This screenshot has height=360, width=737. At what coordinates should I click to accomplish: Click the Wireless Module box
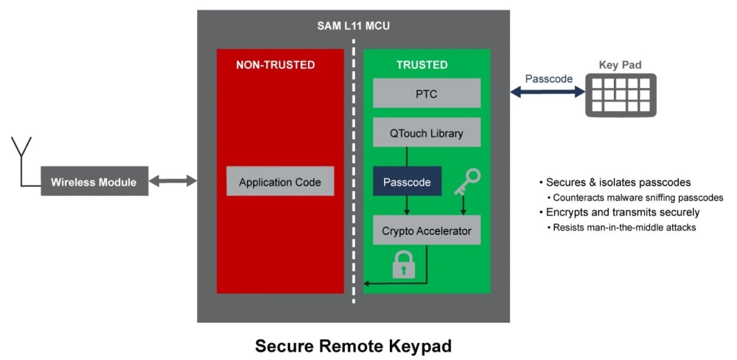(x=94, y=182)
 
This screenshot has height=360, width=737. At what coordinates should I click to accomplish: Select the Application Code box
(x=280, y=182)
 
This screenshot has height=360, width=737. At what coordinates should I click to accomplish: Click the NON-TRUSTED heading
(x=275, y=65)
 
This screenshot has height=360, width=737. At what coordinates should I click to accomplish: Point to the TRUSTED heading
(x=421, y=65)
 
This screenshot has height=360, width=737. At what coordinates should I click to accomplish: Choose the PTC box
(x=426, y=93)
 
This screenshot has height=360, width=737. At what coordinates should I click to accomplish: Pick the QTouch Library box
(x=426, y=134)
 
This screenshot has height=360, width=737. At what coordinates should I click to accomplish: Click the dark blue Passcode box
(x=407, y=182)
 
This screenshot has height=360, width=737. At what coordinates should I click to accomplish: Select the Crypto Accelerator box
(x=426, y=231)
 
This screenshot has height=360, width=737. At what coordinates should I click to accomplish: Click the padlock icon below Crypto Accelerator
(x=403, y=266)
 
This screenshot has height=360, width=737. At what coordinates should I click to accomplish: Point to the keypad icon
(x=620, y=96)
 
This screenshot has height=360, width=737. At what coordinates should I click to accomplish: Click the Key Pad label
(x=620, y=65)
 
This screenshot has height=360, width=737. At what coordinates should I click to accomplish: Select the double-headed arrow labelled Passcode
(x=548, y=92)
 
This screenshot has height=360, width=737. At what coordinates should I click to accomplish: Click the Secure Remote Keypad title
(x=353, y=346)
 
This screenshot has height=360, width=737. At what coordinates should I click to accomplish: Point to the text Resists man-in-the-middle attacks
(x=624, y=228)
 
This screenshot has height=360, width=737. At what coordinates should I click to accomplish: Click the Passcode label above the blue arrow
(x=549, y=79)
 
